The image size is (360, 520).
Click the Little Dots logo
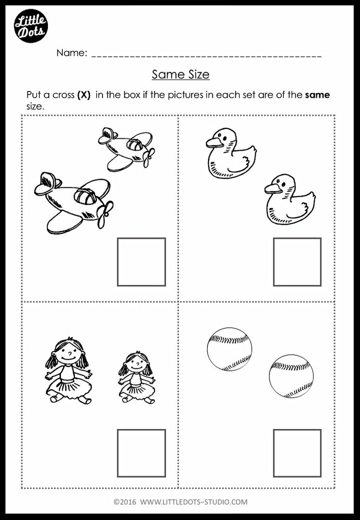pos(31,25)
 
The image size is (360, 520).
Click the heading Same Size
pos(181,74)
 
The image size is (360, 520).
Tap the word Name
pos(71,53)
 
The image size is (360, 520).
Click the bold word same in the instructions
pos(317,95)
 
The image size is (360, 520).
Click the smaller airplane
pos(126,148)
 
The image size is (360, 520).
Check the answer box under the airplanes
pos(141,262)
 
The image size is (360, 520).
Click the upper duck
pos(229,154)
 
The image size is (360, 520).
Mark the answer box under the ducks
pos(297,262)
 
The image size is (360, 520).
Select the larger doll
pos(68,370)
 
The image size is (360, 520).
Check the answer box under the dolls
pos(141,453)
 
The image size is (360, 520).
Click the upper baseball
pos(229,349)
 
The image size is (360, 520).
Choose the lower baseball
pos(291,376)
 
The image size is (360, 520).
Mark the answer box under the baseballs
pos(297,453)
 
